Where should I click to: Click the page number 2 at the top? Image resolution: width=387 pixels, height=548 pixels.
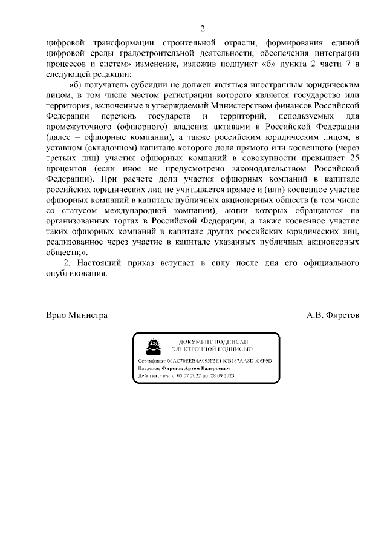(203, 28)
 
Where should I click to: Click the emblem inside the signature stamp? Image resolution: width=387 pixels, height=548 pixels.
(151, 345)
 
